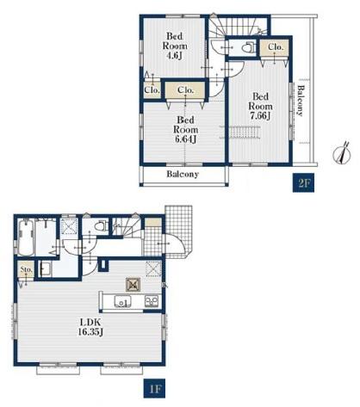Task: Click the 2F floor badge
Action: (303, 182)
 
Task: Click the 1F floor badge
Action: (154, 389)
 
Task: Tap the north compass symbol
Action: (342, 153)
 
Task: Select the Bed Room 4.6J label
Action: (175, 46)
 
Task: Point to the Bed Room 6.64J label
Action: (185, 129)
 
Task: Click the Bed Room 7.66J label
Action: (260, 106)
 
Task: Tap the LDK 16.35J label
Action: (90, 327)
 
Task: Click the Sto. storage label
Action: (27, 270)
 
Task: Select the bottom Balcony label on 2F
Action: (183, 174)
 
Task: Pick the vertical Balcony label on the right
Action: (301, 101)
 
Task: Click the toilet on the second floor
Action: (248, 47)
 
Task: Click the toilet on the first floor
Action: (102, 225)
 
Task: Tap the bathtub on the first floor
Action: (26, 237)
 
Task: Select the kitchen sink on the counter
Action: (122, 301)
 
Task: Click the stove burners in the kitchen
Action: (152, 301)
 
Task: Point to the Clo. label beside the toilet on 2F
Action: (276, 46)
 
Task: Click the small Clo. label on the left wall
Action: (152, 90)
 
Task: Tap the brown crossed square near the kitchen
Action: (133, 285)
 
